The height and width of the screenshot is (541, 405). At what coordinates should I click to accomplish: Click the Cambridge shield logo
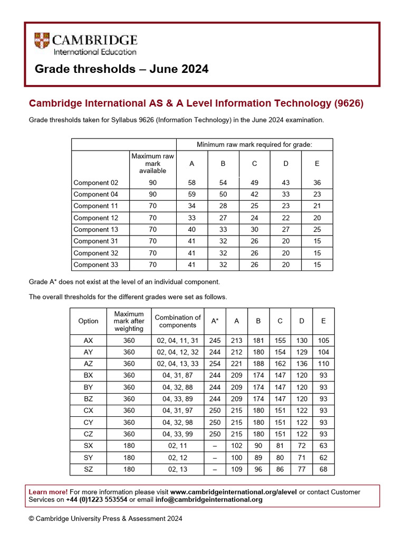point(43,42)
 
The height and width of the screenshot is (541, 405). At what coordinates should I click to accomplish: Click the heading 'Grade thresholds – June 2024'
point(121,69)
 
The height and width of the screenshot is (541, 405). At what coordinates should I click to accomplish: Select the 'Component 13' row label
point(96,229)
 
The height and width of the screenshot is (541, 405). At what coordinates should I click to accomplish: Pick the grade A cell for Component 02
point(191,183)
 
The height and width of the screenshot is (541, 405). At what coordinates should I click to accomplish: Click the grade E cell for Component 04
point(317,194)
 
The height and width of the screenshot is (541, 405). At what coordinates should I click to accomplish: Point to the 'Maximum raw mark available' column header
point(152,163)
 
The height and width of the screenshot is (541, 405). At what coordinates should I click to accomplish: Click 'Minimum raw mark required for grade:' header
point(254,144)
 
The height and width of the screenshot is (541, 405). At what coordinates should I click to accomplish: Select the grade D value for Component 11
point(286,206)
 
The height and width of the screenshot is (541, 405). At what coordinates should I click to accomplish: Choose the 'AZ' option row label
point(88,363)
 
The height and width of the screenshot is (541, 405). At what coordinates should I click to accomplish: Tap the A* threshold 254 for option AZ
point(215,363)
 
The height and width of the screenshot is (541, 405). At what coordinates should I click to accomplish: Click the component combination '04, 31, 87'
point(178,376)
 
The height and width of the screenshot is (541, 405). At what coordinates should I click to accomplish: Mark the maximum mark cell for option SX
point(129,446)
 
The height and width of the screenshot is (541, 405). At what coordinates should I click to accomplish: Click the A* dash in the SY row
point(215,458)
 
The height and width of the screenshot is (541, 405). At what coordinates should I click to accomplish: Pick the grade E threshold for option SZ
point(323,469)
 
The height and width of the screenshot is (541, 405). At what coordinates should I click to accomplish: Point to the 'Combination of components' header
point(178,321)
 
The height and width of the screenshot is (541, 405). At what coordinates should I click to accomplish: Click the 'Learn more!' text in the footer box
point(47,492)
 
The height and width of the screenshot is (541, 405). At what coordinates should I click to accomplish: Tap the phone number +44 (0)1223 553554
point(97,500)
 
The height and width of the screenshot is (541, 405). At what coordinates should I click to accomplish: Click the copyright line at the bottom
point(105,519)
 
